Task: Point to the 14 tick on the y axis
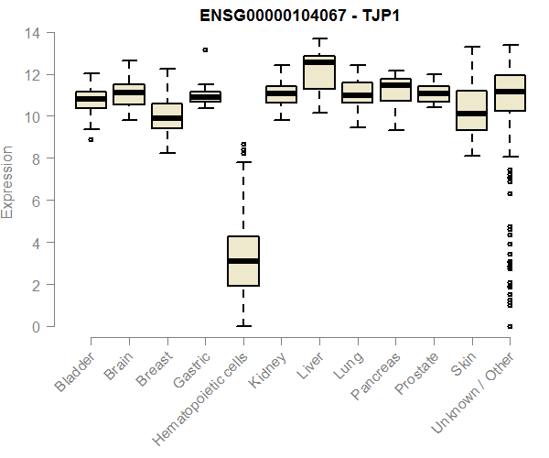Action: coord(33,33)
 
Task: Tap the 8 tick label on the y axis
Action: coord(37,158)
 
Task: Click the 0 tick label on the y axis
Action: coord(37,326)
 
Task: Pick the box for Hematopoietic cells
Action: coord(242,261)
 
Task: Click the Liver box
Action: coord(319,72)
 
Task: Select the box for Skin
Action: coord(471,110)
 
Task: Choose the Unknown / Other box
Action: coord(510,93)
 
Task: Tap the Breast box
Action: coord(167,115)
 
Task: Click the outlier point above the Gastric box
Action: coord(205,49)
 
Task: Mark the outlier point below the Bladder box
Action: coord(91,139)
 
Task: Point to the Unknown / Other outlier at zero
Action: coord(510,326)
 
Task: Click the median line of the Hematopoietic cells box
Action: coord(242,261)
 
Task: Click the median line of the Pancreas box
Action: coord(395,85)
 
